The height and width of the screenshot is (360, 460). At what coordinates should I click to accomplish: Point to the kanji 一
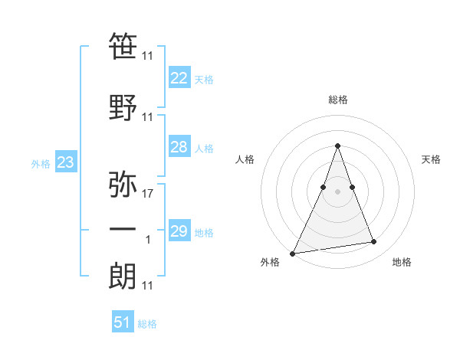pyautogui.click(x=123, y=230)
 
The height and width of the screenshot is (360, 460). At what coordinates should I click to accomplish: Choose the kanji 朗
pyautogui.click(x=123, y=277)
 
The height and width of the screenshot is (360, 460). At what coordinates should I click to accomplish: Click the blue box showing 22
pyautogui.click(x=179, y=78)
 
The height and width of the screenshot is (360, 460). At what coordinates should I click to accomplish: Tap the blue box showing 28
pyautogui.click(x=179, y=148)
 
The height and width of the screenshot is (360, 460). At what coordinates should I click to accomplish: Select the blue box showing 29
pyautogui.click(x=179, y=231)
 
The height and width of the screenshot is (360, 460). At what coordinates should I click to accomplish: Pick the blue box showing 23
pyautogui.click(x=65, y=162)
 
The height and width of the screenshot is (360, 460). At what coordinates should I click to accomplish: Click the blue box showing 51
pyautogui.click(x=122, y=322)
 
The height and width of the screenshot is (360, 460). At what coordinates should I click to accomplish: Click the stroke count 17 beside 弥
pyautogui.click(x=148, y=195)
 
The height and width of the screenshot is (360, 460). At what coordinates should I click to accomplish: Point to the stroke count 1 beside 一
pyautogui.click(x=148, y=241)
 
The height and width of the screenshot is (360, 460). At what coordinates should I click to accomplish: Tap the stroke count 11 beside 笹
pyautogui.click(x=148, y=57)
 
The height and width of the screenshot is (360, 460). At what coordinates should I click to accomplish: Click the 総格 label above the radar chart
pyautogui.click(x=337, y=100)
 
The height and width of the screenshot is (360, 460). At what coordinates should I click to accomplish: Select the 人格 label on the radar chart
pyautogui.click(x=245, y=159)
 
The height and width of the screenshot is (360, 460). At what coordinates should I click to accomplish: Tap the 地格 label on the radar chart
pyautogui.click(x=402, y=262)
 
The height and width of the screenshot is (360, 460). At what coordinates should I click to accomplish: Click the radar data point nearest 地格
pyautogui.click(x=374, y=242)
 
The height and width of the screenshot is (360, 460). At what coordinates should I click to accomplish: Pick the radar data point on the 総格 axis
pyautogui.click(x=337, y=146)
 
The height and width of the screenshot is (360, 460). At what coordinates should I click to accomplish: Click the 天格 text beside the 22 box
pyautogui.click(x=204, y=80)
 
